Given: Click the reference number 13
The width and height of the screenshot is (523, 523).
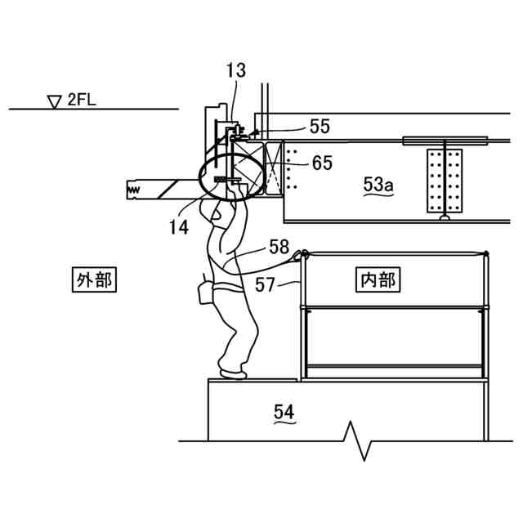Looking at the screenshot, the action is click(235, 70).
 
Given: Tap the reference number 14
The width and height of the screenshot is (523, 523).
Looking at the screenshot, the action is click(179, 226).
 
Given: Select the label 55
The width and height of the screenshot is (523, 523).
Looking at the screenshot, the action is click(320, 126).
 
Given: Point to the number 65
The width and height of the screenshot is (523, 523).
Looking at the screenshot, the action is click(322, 163).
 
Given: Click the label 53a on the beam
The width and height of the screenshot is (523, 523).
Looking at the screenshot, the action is click(378, 186).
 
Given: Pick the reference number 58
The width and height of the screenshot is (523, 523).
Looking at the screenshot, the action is click(279, 247).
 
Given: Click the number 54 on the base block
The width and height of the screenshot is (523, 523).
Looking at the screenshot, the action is click(284, 413).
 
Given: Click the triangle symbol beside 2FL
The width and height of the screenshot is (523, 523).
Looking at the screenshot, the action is click(55, 101).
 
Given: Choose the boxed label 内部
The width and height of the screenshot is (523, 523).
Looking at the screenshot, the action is click(378, 281).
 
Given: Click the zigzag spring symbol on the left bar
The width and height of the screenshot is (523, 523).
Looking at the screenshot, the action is click(132, 190).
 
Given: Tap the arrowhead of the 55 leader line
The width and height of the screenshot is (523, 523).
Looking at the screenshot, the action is click(254, 132).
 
